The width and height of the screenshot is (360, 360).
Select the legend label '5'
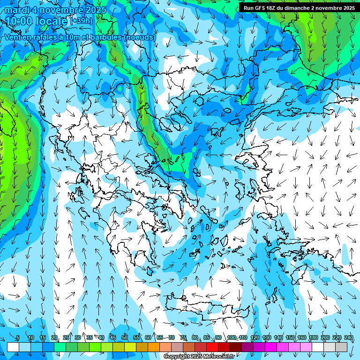tap(18, 338)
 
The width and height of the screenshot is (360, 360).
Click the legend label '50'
tap(124, 338)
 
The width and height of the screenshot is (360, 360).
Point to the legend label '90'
tap(218, 338)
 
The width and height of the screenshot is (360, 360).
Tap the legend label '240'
tap(349, 338)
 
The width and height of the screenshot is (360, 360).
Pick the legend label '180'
tap(314, 338)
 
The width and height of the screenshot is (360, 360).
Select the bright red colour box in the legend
tap(212, 347)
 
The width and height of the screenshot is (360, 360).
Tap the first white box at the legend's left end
tap(13, 347)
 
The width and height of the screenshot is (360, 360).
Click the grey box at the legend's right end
tap(341, 347)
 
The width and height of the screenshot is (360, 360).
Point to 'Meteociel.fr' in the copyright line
tap(218, 357)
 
